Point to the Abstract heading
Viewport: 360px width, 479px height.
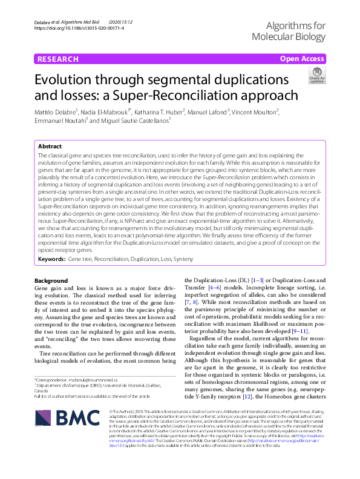tap(50, 147)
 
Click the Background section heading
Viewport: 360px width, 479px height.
tap(51, 280)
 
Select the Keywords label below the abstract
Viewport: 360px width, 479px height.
tap(51, 259)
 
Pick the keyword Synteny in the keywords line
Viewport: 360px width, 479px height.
tap(184, 259)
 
